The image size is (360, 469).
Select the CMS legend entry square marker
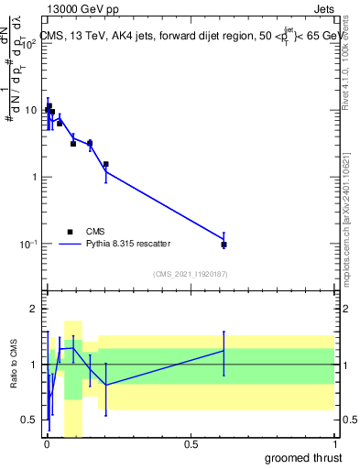[x=69, y=231]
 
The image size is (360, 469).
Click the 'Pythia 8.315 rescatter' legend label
[x=131, y=244]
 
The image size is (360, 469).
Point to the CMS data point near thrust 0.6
[x=224, y=245]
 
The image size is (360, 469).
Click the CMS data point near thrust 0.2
[x=106, y=165]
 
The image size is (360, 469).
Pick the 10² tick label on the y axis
[x=28, y=43]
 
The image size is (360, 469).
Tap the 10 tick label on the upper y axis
[x=30, y=110]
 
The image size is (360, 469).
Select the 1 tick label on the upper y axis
[x=33, y=177]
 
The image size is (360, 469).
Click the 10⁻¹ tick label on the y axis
[x=28, y=244]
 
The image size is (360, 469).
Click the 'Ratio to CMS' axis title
[x=14, y=365]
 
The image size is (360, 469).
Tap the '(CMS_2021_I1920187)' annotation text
[x=190, y=274]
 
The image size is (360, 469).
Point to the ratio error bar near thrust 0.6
[x=224, y=352]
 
